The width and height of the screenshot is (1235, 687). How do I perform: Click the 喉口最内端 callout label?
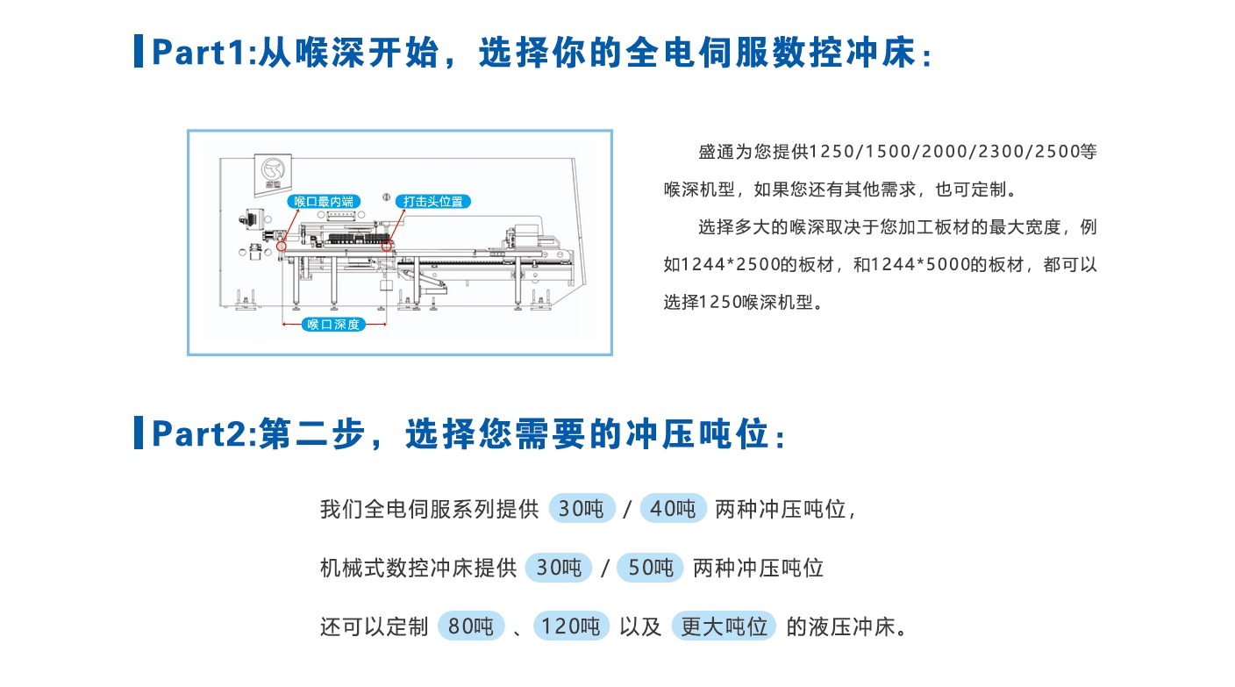(324, 202)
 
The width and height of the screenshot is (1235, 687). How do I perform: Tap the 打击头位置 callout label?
(432, 202)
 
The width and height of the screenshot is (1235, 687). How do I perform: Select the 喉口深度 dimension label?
(333, 325)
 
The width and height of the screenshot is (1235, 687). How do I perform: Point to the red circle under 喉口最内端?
(282, 246)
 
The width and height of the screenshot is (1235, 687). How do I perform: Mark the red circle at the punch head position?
(387, 246)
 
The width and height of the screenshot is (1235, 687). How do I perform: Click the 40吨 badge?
(673, 508)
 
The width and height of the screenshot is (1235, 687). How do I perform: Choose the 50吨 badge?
(650, 568)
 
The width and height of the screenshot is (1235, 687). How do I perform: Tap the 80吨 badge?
(471, 626)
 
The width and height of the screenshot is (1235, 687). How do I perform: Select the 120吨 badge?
(571, 626)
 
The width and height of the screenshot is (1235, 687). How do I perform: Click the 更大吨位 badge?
(724, 626)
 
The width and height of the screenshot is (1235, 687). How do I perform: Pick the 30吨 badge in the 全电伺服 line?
(582, 508)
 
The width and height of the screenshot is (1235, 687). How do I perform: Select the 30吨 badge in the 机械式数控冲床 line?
(559, 568)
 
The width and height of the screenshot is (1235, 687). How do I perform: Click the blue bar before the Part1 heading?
(139, 51)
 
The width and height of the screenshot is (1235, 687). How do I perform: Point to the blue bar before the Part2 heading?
(139, 433)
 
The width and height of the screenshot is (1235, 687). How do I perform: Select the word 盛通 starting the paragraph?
(717, 152)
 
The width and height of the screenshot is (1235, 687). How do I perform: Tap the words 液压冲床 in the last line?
(852, 627)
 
